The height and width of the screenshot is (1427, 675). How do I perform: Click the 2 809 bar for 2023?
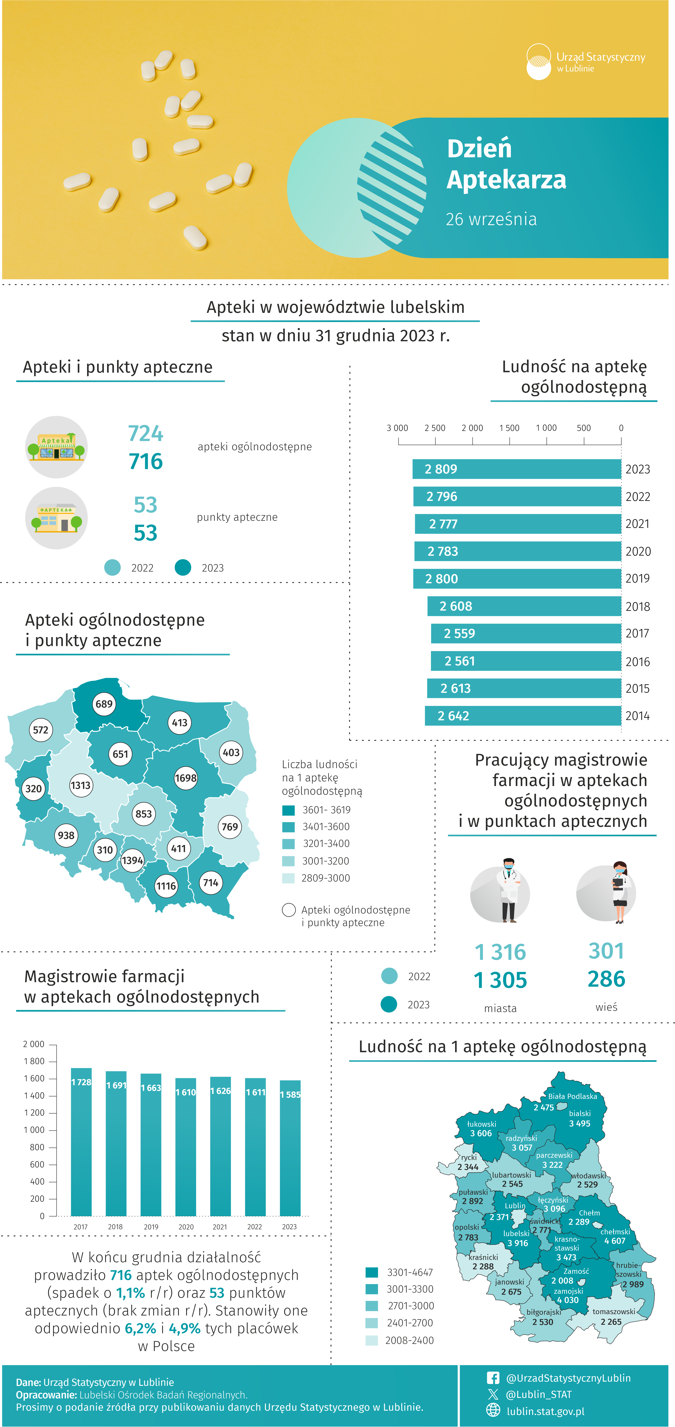coord(517,469)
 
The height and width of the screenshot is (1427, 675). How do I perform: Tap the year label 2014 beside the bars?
coord(637,716)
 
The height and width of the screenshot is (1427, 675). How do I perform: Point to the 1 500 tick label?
coord(509,428)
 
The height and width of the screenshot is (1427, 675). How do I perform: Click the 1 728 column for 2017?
coord(82,1142)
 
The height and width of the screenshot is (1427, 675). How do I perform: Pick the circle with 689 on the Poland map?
coord(104,704)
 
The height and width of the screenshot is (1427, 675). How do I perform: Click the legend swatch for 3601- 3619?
coord(288,810)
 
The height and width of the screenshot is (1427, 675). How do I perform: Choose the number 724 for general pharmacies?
coord(146,433)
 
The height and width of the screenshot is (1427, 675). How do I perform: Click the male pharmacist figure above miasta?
coord(508,890)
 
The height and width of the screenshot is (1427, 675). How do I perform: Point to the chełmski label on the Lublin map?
coord(615,1232)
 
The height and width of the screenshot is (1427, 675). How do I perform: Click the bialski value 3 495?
coord(580,1123)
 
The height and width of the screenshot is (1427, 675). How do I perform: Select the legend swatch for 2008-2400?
coord(372,1340)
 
